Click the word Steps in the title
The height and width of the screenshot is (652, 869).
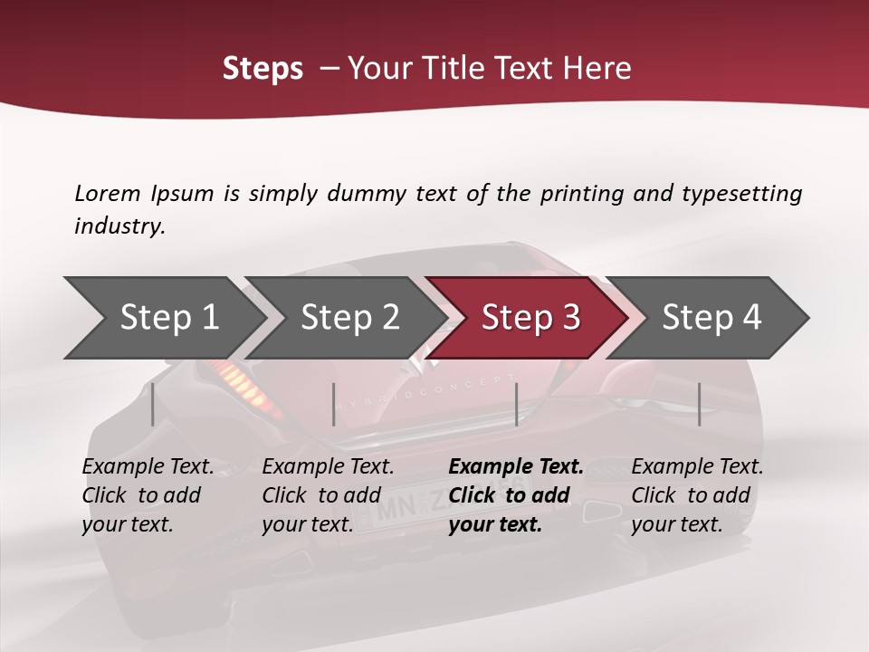click(263, 69)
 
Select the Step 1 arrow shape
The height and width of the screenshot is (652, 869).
click(163, 318)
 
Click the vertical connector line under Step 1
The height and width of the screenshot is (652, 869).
click(153, 404)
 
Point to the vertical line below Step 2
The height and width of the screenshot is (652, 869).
click(334, 404)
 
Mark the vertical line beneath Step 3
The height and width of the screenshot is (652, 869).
click(516, 404)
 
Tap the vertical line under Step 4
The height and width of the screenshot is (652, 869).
click(699, 404)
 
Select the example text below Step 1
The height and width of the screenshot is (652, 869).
click(148, 495)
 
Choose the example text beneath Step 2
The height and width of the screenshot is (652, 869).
click(328, 495)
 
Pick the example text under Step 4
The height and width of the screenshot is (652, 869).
click(697, 495)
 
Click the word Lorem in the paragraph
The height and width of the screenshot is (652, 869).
click(108, 194)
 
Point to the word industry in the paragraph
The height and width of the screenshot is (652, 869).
click(119, 226)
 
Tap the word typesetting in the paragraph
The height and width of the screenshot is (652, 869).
click(741, 194)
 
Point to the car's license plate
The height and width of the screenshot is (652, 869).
click(407, 512)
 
